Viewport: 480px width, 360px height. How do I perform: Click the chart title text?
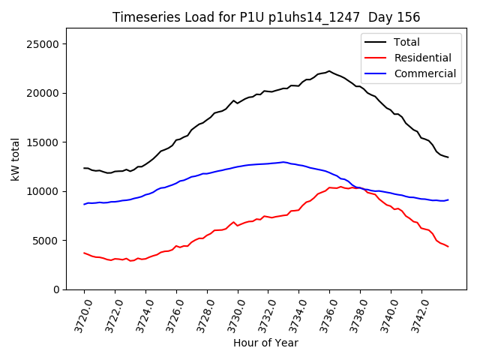(266, 17)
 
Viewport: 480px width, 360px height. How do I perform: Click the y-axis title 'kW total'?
(16, 159)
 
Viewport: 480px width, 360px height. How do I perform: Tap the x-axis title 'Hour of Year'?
(265, 343)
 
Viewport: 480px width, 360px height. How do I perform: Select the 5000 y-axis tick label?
(47, 241)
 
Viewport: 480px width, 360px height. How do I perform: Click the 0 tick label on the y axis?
(57, 289)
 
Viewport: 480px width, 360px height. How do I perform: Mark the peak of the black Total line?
(329, 71)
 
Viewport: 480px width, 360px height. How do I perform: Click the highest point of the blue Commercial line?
(283, 161)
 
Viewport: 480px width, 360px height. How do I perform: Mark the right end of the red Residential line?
(448, 247)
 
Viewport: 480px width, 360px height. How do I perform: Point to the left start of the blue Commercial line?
(84, 204)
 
